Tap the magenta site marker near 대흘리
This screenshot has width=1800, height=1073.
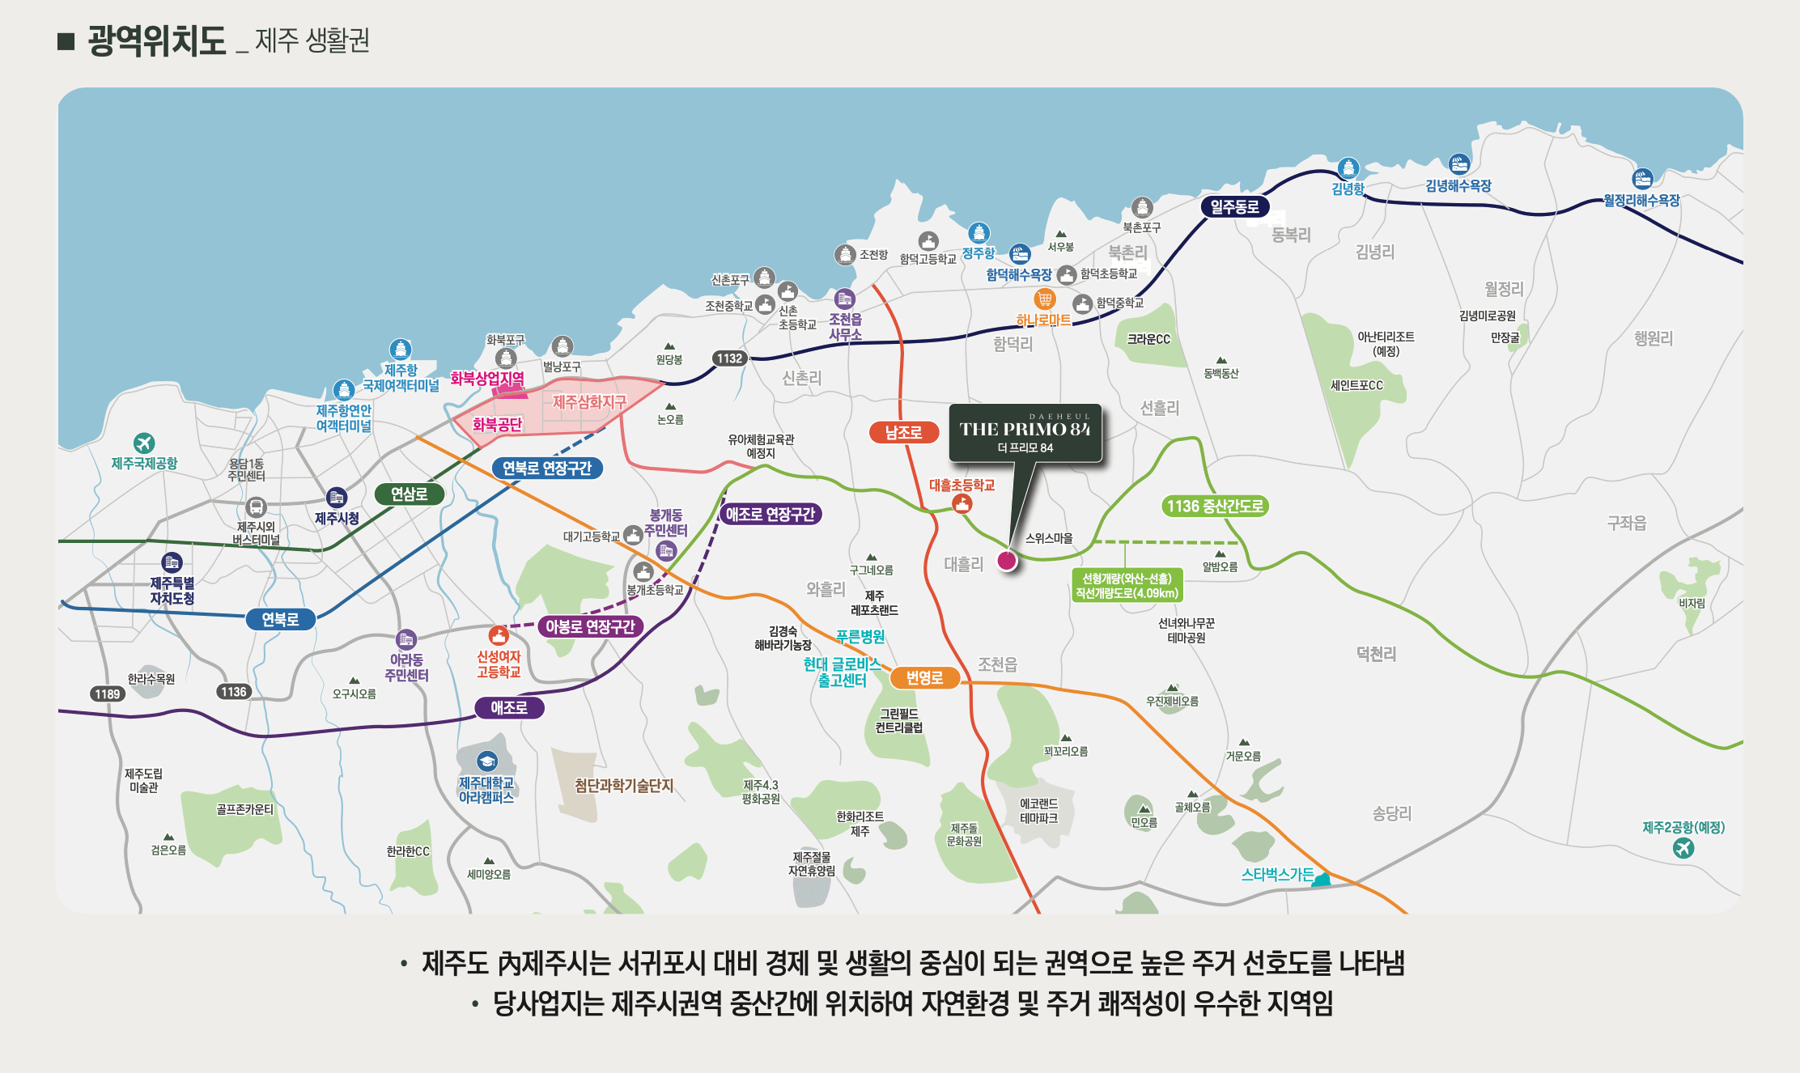click(1007, 560)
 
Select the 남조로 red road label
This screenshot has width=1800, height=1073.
click(903, 433)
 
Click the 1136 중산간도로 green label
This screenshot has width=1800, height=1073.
click(1214, 507)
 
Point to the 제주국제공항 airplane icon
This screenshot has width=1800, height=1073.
click(144, 443)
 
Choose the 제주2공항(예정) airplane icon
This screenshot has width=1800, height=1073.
click(1683, 847)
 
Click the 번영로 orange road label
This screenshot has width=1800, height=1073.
click(924, 678)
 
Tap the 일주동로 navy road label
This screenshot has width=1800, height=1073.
click(1234, 207)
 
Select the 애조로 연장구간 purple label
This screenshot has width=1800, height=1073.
click(770, 515)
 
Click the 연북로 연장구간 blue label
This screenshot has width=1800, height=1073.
click(547, 469)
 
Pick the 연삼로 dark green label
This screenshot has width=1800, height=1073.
click(409, 494)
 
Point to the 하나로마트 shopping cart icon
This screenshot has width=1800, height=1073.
click(1045, 299)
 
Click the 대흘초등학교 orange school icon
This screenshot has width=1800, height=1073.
click(962, 504)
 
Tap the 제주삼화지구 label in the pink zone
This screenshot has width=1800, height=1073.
click(589, 402)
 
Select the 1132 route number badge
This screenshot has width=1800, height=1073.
click(729, 358)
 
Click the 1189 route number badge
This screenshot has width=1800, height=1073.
click(107, 693)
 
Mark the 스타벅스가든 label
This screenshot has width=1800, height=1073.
click(1277, 875)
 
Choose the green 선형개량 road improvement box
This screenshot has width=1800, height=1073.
click(1127, 586)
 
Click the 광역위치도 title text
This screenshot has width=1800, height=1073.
click(157, 40)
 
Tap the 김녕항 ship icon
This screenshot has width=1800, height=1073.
click(1348, 168)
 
